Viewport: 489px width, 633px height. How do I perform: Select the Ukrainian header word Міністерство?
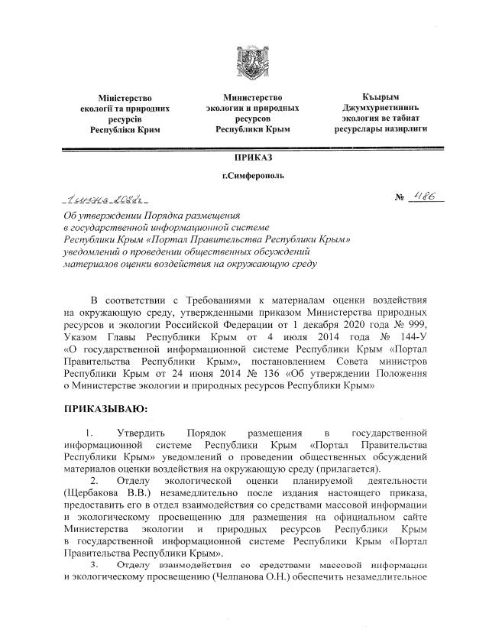[125, 99]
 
